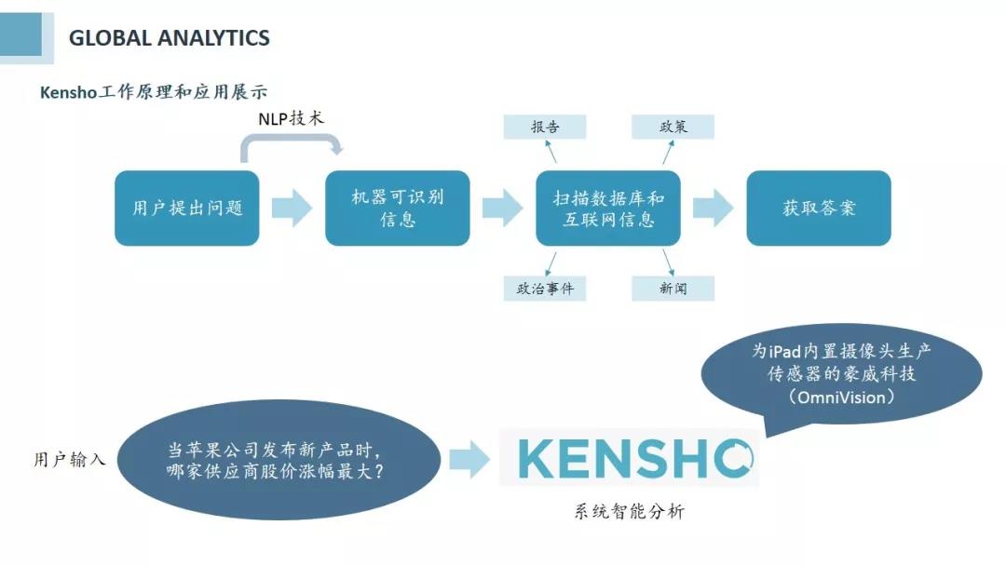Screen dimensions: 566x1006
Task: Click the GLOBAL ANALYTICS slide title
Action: (170, 38)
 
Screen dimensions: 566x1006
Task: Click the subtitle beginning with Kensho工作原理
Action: (154, 92)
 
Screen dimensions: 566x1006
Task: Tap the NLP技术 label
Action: (291, 120)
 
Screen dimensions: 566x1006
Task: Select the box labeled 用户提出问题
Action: (186, 208)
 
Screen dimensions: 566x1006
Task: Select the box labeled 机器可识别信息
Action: (398, 208)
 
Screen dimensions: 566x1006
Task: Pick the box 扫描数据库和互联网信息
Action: (608, 208)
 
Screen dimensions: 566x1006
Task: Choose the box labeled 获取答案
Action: (819, 208)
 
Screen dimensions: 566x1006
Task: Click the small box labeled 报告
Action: (545, 127)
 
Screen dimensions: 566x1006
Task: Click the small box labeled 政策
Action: (673, 127)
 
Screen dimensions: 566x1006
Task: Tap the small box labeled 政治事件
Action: (545, 289)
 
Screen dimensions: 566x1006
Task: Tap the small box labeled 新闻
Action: (673, 289)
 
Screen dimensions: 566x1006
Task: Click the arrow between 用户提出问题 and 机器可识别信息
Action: (292, 208)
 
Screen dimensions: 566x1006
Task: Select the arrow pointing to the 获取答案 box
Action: (714, 208)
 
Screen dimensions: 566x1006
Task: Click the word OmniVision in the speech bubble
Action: (841, 397)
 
